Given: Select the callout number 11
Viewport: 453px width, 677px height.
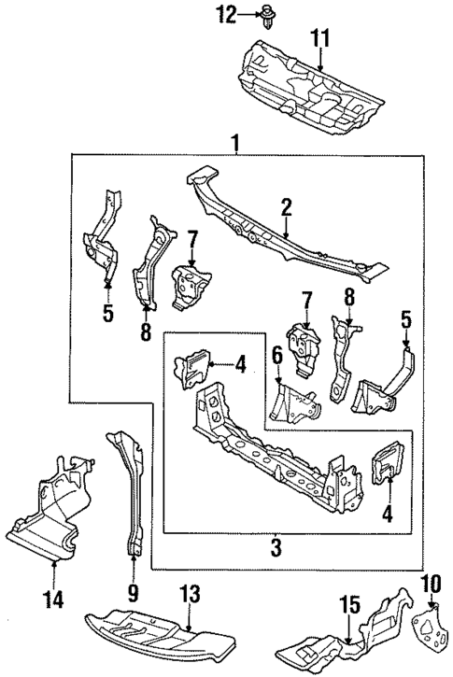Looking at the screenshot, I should (320, 38).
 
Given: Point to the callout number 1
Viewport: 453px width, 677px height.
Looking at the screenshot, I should (236, 143).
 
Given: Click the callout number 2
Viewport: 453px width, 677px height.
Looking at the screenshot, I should (286, 205).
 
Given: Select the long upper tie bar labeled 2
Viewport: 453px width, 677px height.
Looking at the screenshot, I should (280, 229).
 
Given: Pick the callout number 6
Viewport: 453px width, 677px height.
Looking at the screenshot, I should (277, 356).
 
